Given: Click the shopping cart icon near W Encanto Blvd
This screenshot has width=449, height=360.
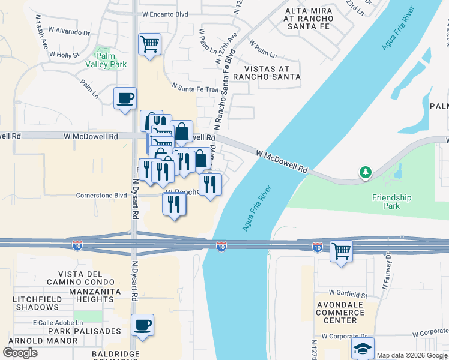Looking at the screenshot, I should pyautogui.click(x=149, y=43).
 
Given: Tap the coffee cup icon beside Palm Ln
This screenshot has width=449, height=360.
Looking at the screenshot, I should pyautogui.click(x=125, y=98).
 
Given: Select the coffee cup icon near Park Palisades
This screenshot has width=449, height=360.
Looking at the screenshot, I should pyautogui.click(x=142, y=325).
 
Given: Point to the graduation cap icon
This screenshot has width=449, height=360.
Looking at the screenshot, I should pyautogui.click(x=363, y=348).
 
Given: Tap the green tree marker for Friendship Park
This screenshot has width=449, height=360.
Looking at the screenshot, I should pyautogui.click(x=365, y=173).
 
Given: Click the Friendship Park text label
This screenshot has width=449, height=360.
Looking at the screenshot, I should pyautogui.click(x=391, y=202).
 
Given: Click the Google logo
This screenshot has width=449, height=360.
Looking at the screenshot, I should pyautogui.click(x=20, y=353).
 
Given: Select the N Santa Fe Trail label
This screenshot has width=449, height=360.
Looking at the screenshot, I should pyautogui.click(x=195, y=89).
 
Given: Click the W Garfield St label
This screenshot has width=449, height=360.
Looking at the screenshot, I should pyautogui.click(x=348, y=295).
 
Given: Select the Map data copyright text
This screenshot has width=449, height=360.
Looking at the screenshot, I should pyautogui.click(x=411, y=355).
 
